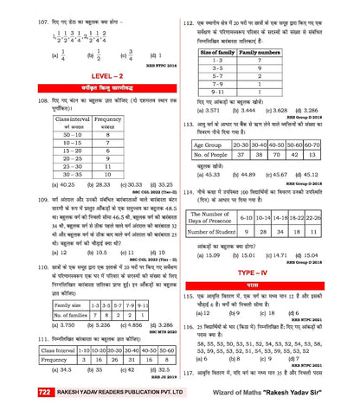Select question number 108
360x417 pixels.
tap(14, 102)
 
